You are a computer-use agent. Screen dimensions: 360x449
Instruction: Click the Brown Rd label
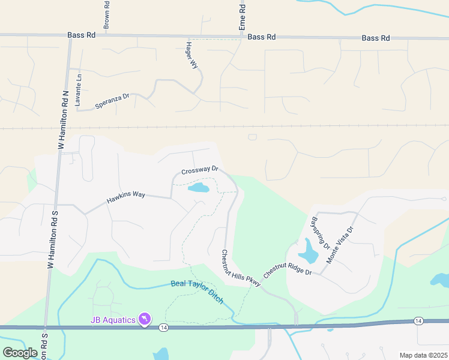[x=106, y=14]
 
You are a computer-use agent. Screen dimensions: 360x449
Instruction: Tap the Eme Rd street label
[x=243, y=18]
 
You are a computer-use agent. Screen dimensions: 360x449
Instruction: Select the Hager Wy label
[x=192, y=55]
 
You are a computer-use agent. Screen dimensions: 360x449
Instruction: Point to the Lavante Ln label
[x=77, y=90]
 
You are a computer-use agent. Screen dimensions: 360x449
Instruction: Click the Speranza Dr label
[x=112, y=101]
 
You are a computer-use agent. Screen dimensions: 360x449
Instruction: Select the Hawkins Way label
[x=126, y=196]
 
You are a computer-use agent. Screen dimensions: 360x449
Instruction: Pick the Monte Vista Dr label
[x=340, y=245]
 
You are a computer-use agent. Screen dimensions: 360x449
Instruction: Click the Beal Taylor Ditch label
[x=197, y=292]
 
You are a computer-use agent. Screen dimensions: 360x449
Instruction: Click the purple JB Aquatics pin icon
[x=145, y=319]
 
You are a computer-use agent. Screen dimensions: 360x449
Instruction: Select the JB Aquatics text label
[x=113, y=320]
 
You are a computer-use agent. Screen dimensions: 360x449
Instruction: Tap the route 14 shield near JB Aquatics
[x=163, y=328]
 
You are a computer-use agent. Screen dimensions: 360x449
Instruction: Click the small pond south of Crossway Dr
[x=199, y=188]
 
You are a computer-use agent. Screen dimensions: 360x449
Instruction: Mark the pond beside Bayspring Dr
[x=309, y=252]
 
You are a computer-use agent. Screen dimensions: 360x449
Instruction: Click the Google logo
[x=20, y=353]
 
